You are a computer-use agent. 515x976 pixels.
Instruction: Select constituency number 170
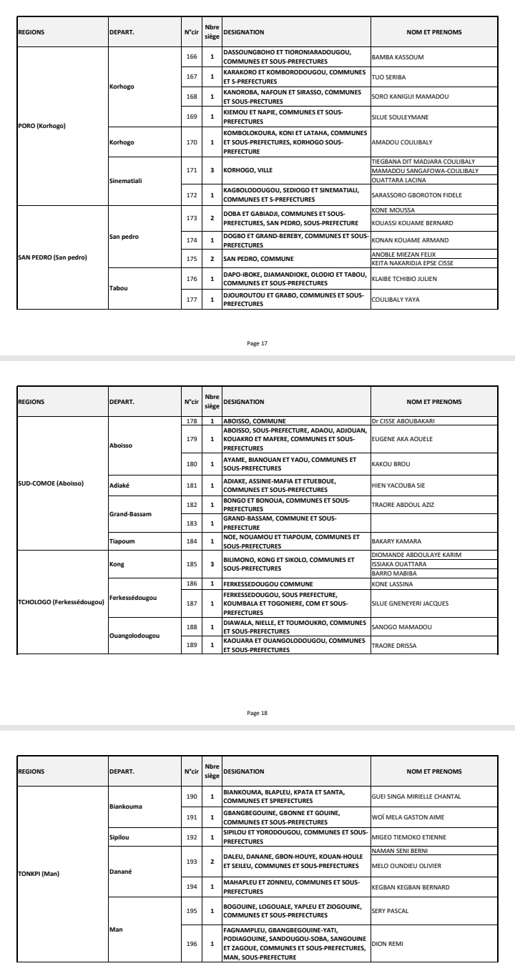click(x=190, y=142)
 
